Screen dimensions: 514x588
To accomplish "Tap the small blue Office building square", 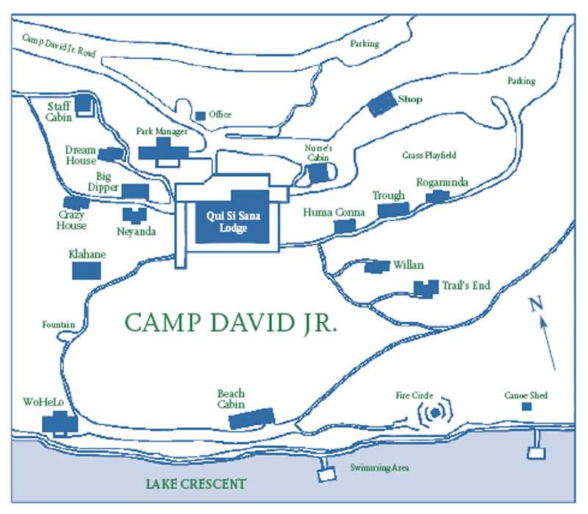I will tap(201, 115).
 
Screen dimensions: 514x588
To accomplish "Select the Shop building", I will tap(381, 104).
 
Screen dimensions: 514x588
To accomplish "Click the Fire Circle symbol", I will tap(435, 413).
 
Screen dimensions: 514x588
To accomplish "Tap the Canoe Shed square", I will tap(526, 407).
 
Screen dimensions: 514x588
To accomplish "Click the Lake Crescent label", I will tap(195, 484).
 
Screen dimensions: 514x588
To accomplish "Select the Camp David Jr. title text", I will tap(231, 323).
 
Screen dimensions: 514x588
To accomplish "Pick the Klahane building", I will tap(85, 270).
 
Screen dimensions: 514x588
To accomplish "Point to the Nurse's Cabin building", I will tap(318, 173).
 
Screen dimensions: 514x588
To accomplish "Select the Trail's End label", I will tap(465, 286).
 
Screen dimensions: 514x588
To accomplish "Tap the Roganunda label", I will tap(442, 183).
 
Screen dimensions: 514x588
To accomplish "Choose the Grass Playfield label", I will tap(429, 156).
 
